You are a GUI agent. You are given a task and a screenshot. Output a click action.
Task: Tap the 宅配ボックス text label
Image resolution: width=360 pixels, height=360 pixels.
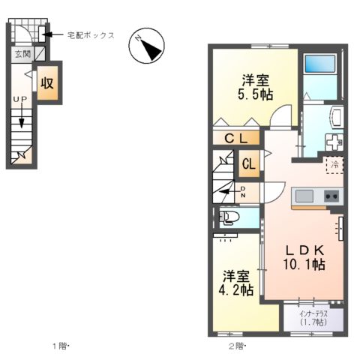coord(90,34)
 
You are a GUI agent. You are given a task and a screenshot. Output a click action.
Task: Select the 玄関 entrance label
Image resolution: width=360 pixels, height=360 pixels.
coord(19,55)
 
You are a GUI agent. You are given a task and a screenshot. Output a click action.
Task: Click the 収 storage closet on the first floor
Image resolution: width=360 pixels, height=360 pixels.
coord(48,82)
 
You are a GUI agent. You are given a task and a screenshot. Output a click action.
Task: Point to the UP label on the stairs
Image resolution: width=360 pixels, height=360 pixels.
coord(19,98)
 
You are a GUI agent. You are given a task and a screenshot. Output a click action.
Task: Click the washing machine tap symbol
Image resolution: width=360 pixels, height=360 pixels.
coord(334,140)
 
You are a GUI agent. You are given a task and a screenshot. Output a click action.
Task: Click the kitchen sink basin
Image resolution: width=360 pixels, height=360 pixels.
coord(304,196)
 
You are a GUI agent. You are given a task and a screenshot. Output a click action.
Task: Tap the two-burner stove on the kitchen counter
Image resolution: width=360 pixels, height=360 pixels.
coord(331,196)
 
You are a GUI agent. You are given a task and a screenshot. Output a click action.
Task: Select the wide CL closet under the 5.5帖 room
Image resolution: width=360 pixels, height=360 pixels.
coord(235,137)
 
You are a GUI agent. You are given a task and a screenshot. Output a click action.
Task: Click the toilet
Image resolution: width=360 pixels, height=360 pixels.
coord(229,218)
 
